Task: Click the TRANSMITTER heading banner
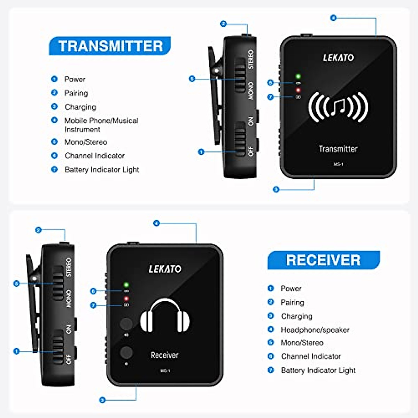(x=110, y=46)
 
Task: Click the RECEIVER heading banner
(x=323, y=260)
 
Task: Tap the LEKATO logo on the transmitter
(x=338, y=57)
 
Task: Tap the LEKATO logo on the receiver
(x=165, y=269)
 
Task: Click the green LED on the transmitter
(x=298, y=76)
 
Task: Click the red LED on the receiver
(x=126, y=299)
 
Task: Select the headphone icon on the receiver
(x=165, y=316)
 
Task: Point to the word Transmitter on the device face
(x=338, y=149)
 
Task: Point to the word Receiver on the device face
(x=164, y=355)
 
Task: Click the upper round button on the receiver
(x=126, y=324)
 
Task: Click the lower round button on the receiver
(x=126, y=352)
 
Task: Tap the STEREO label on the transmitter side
(x=250, y=59)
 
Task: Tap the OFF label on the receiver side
(x=69, y=359)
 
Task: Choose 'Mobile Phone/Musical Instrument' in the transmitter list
(x=101, y=125)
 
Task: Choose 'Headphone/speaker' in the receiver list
(x=315, y=330)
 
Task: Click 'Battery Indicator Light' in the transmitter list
(x=102, y=170)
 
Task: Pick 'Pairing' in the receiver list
(x=292, y=302)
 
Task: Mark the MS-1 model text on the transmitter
(x=338, y=164)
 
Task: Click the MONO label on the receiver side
(x=69, y=299)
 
